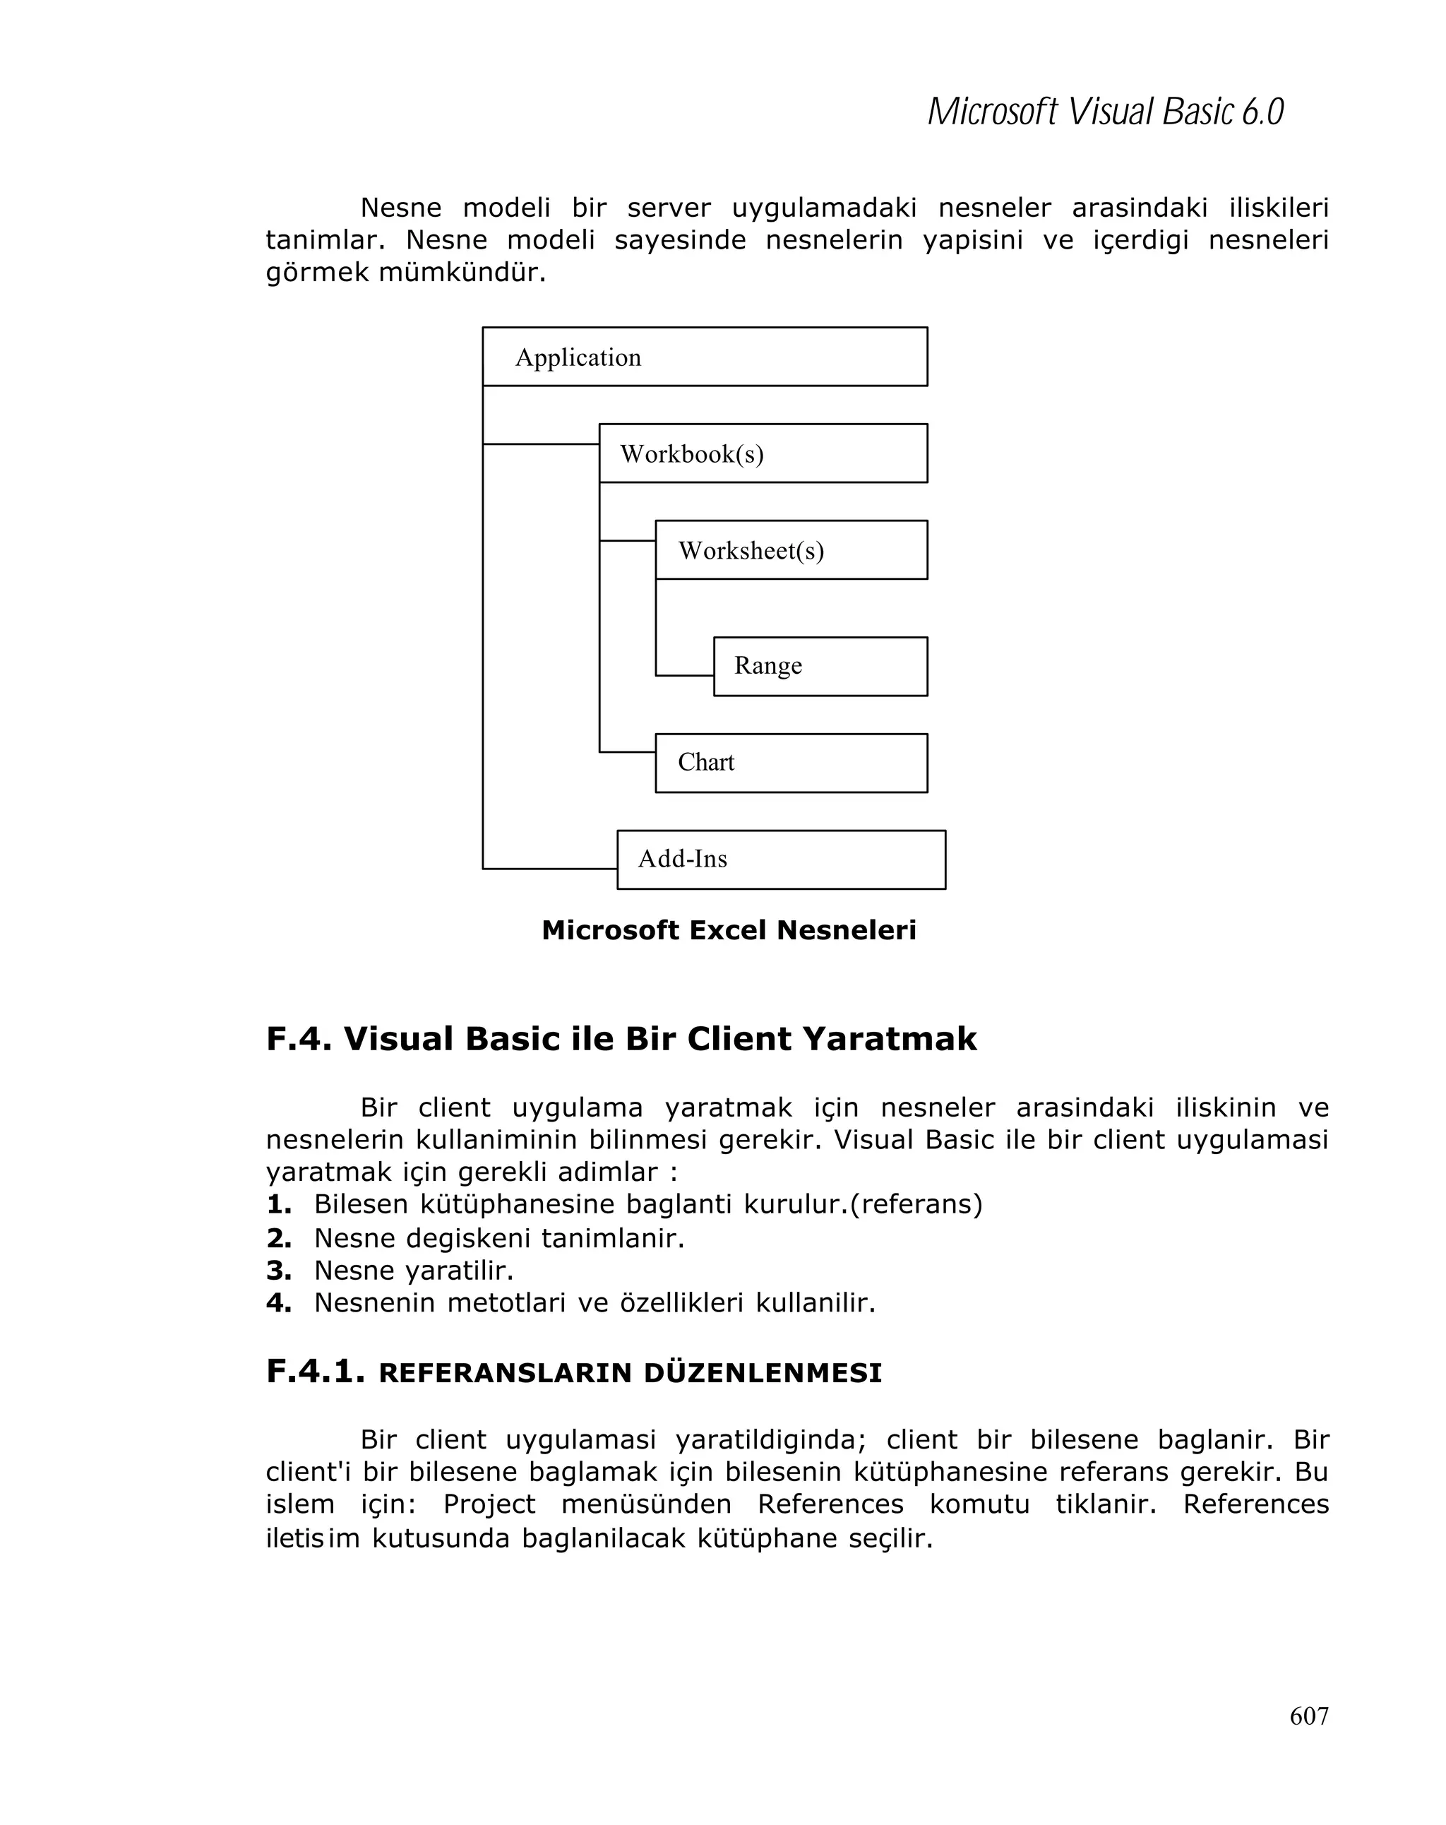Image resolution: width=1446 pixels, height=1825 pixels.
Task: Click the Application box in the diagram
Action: tap(704, 357)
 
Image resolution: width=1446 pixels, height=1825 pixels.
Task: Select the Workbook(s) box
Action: tap(763, 453)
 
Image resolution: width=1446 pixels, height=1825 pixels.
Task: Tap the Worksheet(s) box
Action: tap(790, 549)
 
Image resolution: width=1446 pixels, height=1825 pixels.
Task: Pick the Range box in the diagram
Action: tap(819, 666)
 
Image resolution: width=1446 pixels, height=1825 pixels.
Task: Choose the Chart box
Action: tap(790, 763)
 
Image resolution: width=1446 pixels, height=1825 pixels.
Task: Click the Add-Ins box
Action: tap(780, 859)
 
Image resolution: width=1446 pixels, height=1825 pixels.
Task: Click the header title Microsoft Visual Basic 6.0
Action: tap(1105, 112)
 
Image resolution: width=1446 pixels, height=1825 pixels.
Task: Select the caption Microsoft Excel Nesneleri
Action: tap(729, 930)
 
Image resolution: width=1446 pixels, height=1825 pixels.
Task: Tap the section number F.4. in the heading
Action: tap(299, 1039)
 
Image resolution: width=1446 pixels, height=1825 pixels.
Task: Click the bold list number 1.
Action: tap(278, 1203)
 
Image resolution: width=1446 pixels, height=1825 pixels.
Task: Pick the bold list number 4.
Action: tap(278, 1302)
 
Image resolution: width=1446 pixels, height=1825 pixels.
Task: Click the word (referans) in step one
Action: tap(916, 1203)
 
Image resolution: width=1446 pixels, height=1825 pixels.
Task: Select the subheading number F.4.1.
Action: tap(315, 1372)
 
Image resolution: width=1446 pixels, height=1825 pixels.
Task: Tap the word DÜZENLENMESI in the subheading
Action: tap(762, 1374)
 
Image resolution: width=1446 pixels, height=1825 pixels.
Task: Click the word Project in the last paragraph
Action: tap(489, 1504)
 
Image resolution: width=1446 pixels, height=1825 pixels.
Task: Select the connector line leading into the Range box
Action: tap(683, 675)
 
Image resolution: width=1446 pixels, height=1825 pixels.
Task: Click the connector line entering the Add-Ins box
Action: tap(550, 869)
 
